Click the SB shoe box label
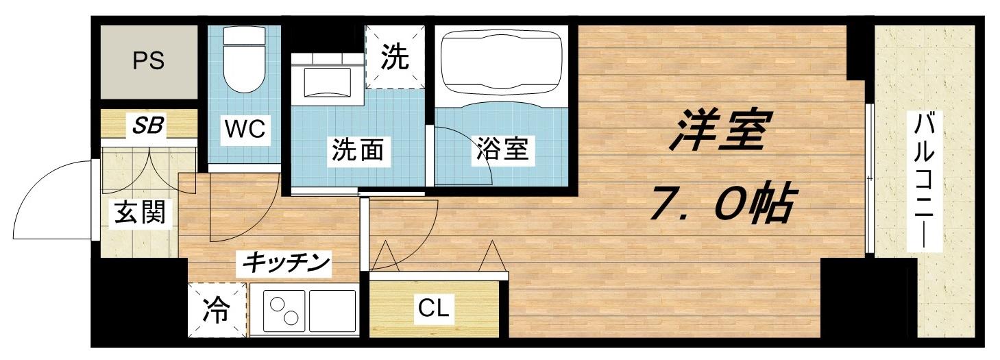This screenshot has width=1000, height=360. click(x=148, y=125)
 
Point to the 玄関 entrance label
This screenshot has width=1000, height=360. click(x=140, y=213)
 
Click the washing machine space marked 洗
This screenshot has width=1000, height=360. click(x=394, y=58)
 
